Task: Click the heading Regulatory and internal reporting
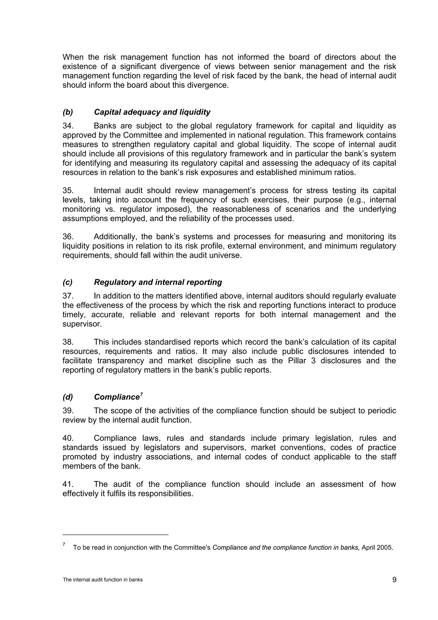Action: tap(158, 282)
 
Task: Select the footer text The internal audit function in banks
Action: tap(102, 580)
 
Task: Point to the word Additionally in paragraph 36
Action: tap(116, 237)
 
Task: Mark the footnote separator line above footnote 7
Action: tap(115, 527)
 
